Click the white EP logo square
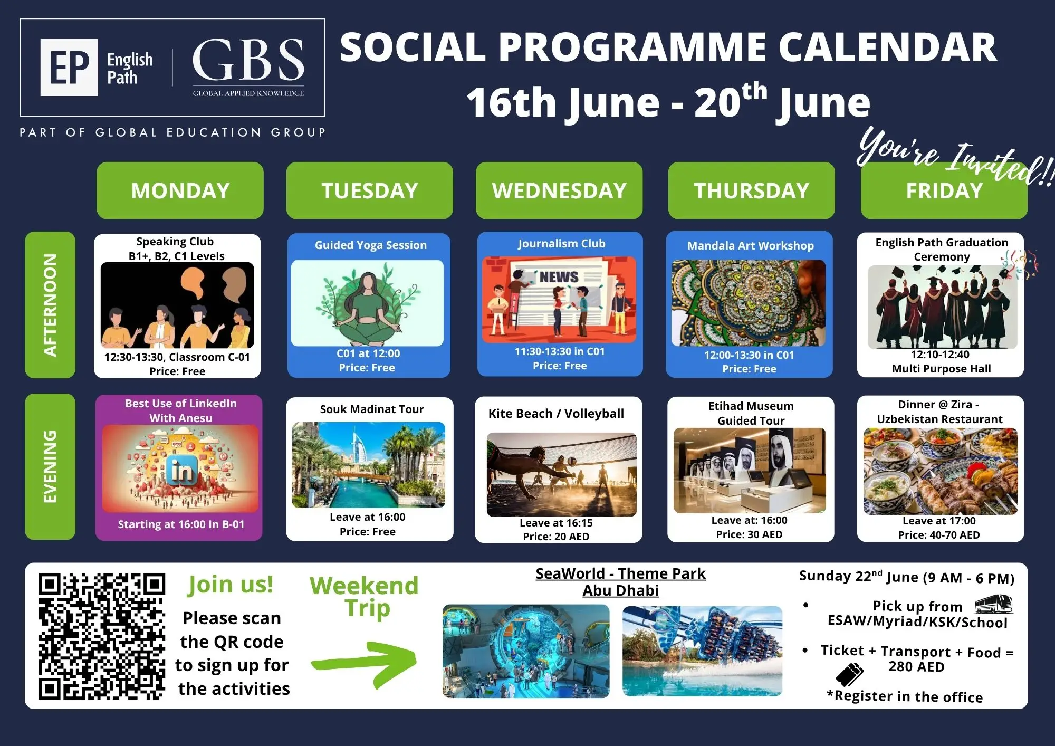(69, 67)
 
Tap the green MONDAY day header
(180, 190)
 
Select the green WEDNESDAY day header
(559, 190)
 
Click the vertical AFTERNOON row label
(50, 305)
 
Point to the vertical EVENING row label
(50, 467)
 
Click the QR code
(102, 636)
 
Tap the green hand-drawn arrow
(364, 664)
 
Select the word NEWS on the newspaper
(559, 277)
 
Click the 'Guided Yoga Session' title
(371, 245)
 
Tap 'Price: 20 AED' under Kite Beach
(556, 537)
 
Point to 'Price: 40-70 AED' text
(939, 535)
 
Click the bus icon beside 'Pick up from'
(993, 604)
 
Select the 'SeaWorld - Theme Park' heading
(620, 573)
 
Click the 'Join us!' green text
(231, 585)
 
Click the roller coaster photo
(702, 651)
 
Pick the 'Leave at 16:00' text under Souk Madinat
(368, 517)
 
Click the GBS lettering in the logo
(248, 59)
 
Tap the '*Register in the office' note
(905, 696)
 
